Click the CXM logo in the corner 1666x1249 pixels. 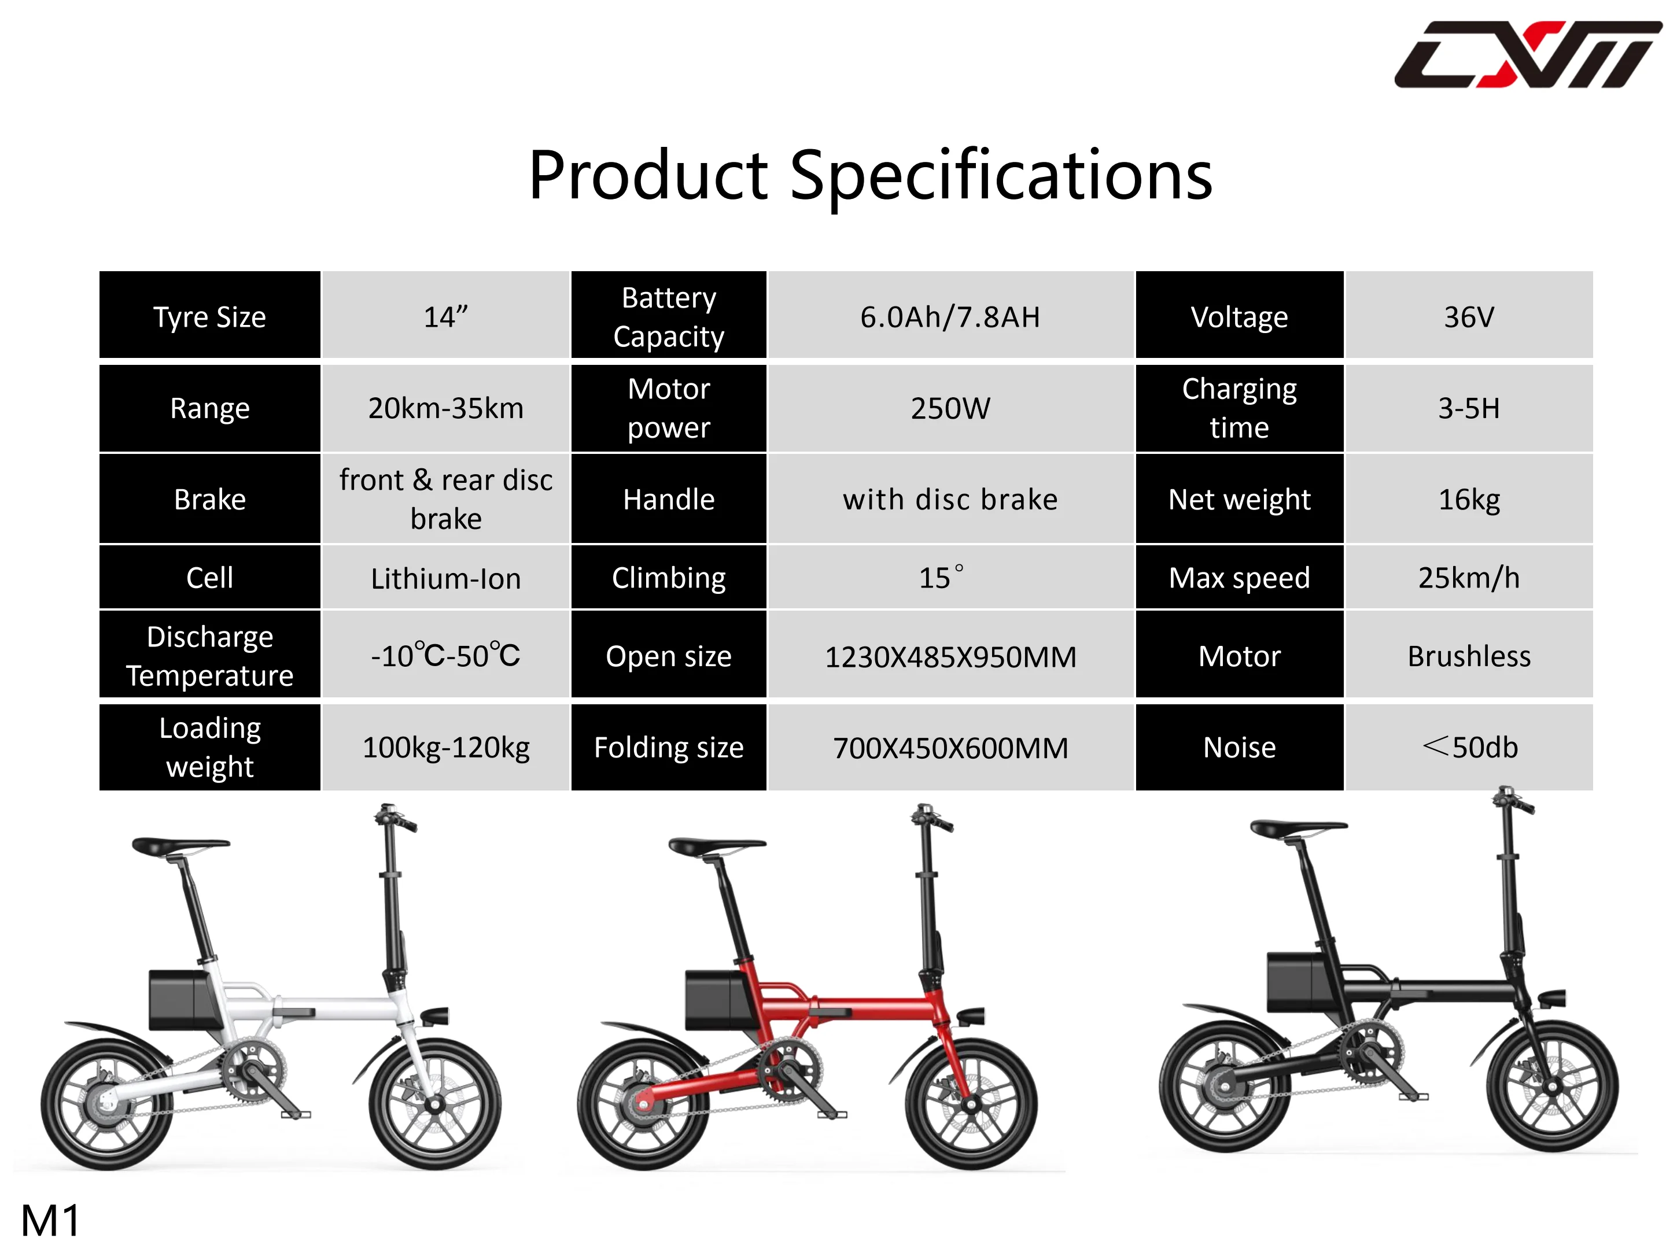1527,54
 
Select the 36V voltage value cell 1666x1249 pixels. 1469,316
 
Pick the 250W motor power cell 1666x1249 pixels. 950,408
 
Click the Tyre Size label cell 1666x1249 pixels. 210,316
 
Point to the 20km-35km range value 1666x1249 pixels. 446,408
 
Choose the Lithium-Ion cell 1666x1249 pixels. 446,578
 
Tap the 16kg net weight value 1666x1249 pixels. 1469,499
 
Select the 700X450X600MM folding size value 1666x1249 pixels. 950,748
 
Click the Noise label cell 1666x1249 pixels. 1240,748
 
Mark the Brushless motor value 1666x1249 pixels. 1469,656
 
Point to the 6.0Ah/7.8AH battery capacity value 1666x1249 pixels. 950,316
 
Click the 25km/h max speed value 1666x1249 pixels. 1469,578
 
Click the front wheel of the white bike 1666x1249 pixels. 434,1104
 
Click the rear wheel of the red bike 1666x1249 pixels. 644,1104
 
